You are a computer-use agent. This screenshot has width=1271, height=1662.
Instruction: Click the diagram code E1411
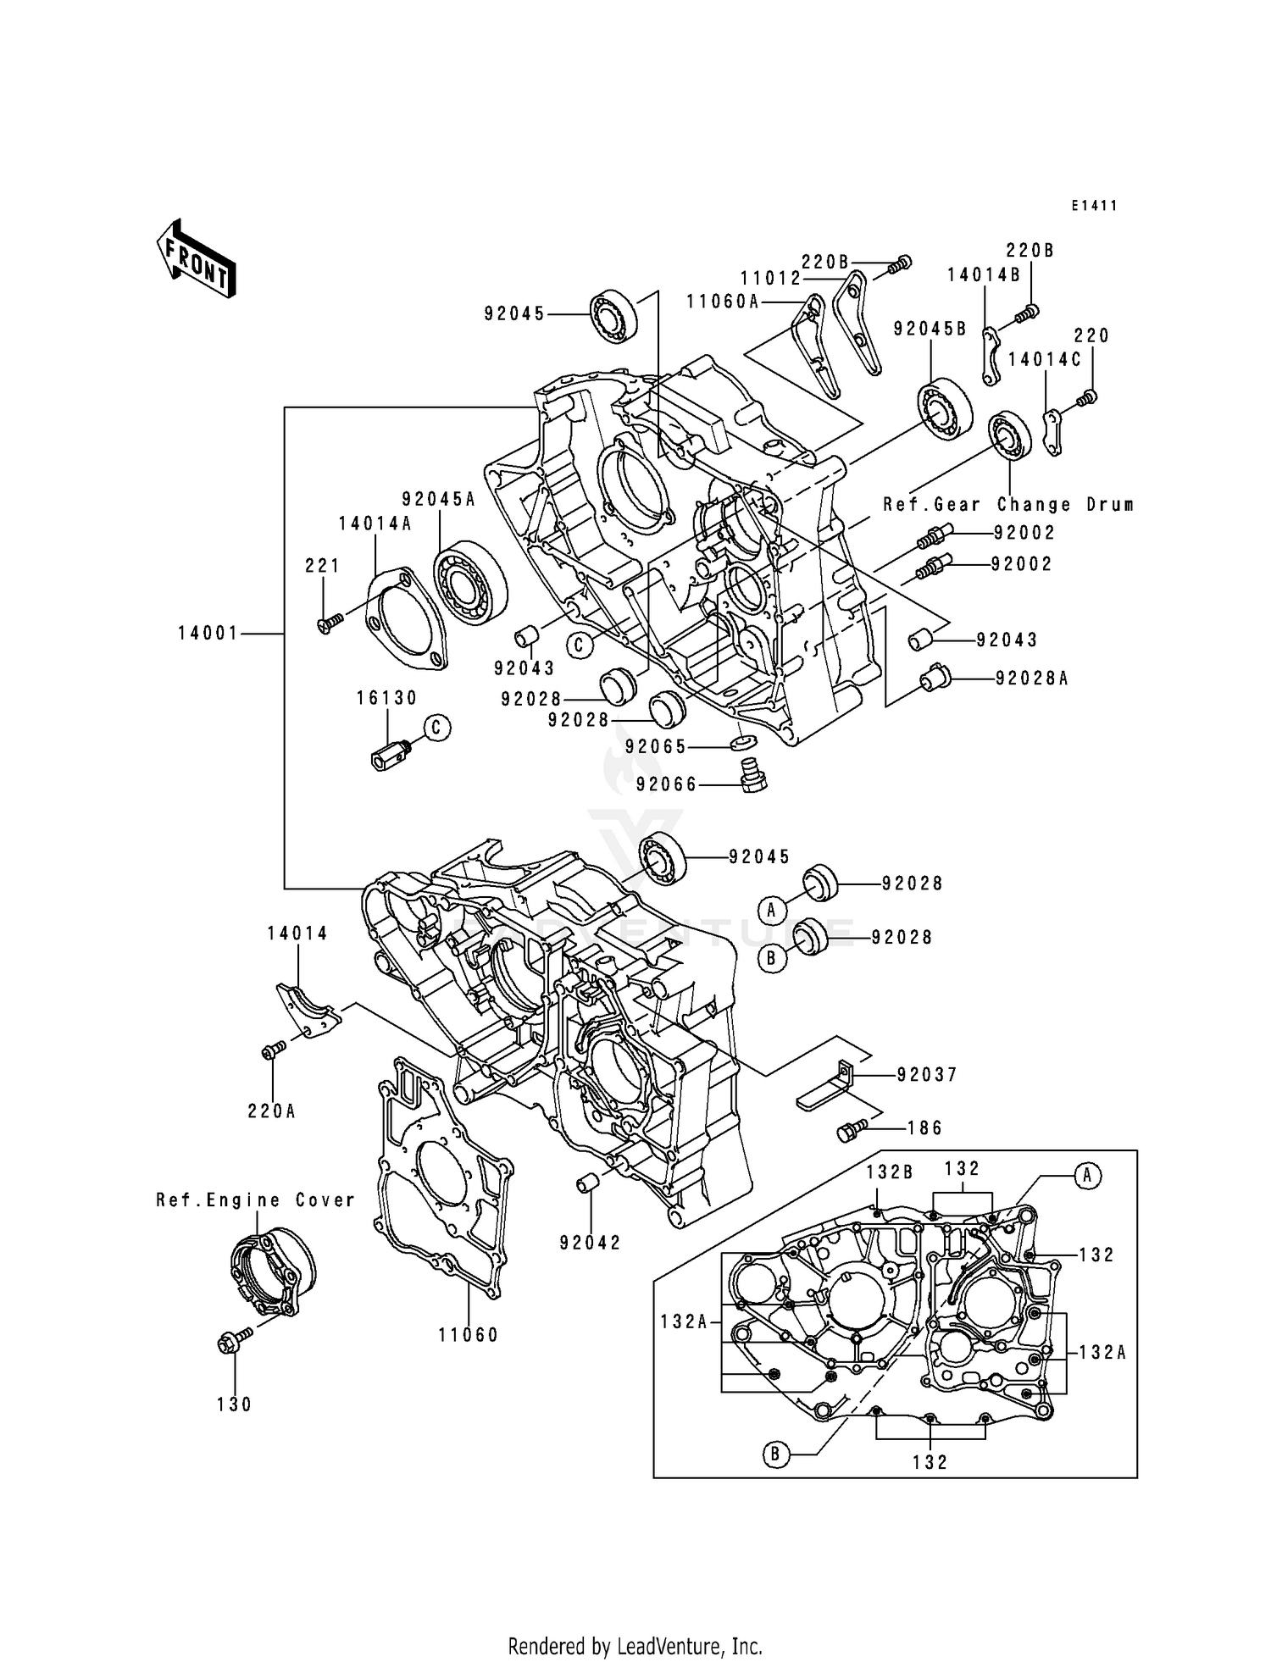click(x=1093, y=206)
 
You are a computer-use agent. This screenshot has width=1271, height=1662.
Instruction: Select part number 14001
click(x=208, y=633)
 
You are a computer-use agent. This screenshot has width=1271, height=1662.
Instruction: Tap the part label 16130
click(x=386, y=698)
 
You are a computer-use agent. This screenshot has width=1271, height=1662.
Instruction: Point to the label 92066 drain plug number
click(x=667, y=785)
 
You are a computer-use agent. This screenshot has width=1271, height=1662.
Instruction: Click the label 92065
click(x=655, y=746)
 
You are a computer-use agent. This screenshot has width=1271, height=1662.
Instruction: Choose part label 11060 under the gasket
click(x=469, y=1335)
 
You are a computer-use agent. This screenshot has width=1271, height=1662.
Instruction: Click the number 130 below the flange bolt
click(x=234, y=1404)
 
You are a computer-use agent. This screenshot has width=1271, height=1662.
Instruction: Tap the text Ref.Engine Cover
click(x=255, y=1200)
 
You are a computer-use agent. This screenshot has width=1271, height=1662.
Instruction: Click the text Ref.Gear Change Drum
click(x=1008, y=505)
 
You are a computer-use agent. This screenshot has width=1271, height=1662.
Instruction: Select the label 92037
click(x=927, y=1075)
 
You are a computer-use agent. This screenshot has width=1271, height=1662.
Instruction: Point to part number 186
click(x=925, y=1128)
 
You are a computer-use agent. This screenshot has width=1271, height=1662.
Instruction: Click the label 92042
click(x=590, y=1243)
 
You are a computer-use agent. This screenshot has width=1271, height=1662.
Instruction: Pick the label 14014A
click(x=375, y=524)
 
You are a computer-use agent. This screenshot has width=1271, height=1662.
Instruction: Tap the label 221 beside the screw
click(x=323, y=566)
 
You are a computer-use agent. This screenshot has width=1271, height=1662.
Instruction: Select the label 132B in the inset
click(x=889, y=1172)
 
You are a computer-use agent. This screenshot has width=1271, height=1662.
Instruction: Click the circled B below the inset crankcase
click(x=774, y=1455)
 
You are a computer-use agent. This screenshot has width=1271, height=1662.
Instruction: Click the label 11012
click(x=770, y=278)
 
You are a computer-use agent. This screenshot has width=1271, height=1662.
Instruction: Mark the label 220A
click(x=271, y=1111)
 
